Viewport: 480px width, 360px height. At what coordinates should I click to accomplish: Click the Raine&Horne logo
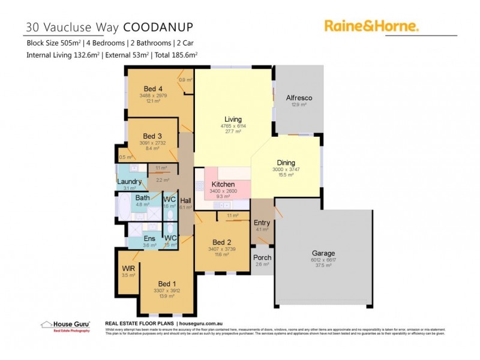coord(371,25)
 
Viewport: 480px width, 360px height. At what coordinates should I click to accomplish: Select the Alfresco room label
coord(299,97)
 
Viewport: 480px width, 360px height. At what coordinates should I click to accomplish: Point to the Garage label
coord(323,253)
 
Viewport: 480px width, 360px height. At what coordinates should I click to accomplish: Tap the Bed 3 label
coord(152,136)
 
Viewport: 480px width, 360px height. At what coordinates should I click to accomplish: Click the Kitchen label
coord(223,184)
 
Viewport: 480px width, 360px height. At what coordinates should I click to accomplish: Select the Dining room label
coord(286,163)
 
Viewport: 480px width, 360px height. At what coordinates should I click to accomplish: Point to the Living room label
coord(233,119)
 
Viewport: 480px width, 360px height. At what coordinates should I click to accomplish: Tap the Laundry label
coord(129,182)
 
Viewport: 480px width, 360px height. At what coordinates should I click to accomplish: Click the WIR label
coord(128,268)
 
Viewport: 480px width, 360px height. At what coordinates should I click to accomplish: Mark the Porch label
coord(262,257)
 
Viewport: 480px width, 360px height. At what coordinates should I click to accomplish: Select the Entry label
coord(262,223)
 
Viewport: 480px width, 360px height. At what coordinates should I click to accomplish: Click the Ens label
coord(150,238)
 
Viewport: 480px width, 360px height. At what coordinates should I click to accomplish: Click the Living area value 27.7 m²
coord(233,131)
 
